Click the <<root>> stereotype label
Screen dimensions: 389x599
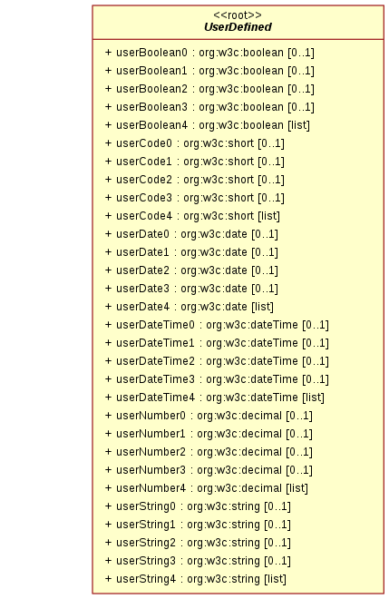pyautogui.click(x=238, y=15)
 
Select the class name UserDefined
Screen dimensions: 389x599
pyautogui.click(x=238, y=27)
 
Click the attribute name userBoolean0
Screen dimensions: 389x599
pyautogui.click(x=152, y=53)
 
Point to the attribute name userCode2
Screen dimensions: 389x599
pyautogui.click(x=144, y=180)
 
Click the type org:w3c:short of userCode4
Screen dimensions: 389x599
pyautogui.click(x=219, y=216)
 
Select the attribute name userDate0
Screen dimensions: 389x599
pyautogui.click(x=142, y=234)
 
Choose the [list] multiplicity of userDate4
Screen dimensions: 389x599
pyautogui.click(x=262, y=307)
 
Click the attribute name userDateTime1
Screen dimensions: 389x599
pyautogui.click(x=155, y=343)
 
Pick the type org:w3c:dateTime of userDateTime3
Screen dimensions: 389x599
pyautogui.click(x=252, y=379)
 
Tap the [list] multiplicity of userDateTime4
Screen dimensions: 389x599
pyautogui.click(x=314, y=398)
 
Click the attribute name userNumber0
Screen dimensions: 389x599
pyautogui.click(x=151, y=416)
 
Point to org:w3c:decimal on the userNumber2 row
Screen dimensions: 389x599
pyautogui.click(x=239, y=452)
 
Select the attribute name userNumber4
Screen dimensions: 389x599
pyautogui.click(x=151, y=488)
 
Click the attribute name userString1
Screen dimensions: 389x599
pyautogui.click(x=146, y=525)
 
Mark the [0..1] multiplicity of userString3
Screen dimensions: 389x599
pyautogui.click(x=277, y=561)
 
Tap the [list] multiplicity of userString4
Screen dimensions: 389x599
pyautogui.click(x=276, y=579)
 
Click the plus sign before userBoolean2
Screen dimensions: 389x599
pyautogui.click(x=109, y=89)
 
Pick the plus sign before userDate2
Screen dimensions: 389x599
pyautogui.click(x=109, y=270)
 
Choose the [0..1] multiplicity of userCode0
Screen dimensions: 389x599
pyautogui.click(x=271, y=143)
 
